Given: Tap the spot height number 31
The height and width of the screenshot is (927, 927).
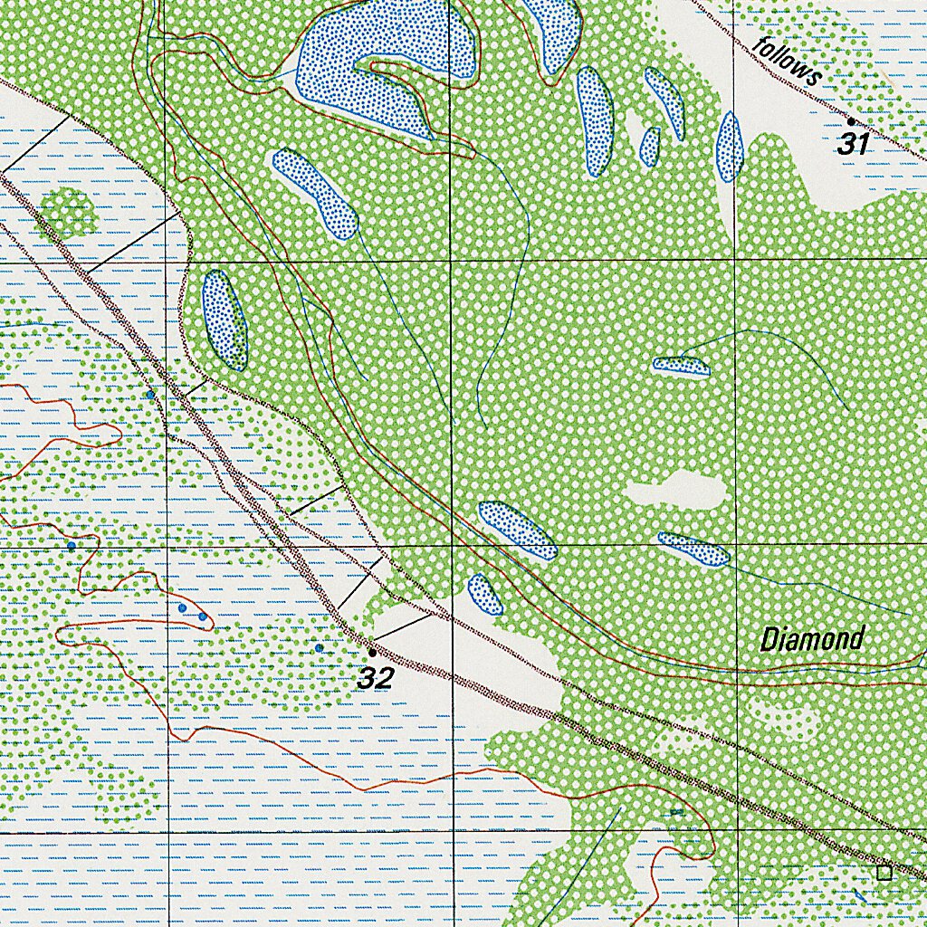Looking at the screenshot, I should click(x=852, y=143).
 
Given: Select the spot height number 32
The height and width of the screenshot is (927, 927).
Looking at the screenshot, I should click(x=376, y=677).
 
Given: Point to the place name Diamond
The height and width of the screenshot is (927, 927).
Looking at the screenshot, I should click(x=812, y=639).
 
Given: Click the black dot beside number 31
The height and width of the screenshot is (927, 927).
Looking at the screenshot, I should click(x=850, y=121).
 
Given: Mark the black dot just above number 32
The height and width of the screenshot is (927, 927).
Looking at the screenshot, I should click(x=371, y=652).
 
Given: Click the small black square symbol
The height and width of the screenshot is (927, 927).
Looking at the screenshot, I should click(x=884, y=873).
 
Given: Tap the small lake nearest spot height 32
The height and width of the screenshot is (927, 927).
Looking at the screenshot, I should click(x=485, y=594).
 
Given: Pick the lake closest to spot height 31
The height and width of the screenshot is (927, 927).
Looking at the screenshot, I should click(x=730, y=147).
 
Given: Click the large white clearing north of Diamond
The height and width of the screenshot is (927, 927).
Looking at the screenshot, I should click(x=677, y=491).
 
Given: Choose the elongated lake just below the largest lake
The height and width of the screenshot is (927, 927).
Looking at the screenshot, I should click(x=315, y=194).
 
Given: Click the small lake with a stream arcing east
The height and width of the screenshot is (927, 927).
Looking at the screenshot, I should click(x=681, y=366).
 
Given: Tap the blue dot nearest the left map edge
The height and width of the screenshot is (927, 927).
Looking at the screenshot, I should click(x=71, y=546).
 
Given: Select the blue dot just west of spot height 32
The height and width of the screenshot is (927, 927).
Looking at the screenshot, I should click(x=318, y=648).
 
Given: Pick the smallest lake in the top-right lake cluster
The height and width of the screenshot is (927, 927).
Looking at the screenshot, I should click(x=649, y=147).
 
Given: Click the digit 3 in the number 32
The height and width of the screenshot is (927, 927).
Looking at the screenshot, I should click(x=367, y=677).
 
